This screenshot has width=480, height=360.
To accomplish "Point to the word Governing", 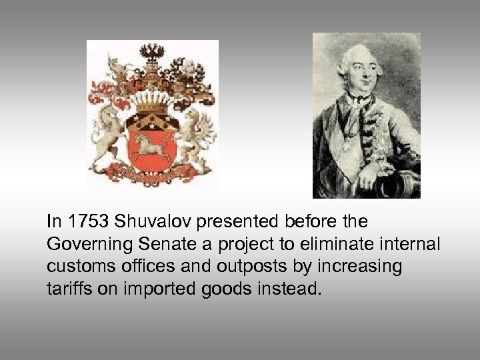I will pos(79,244).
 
